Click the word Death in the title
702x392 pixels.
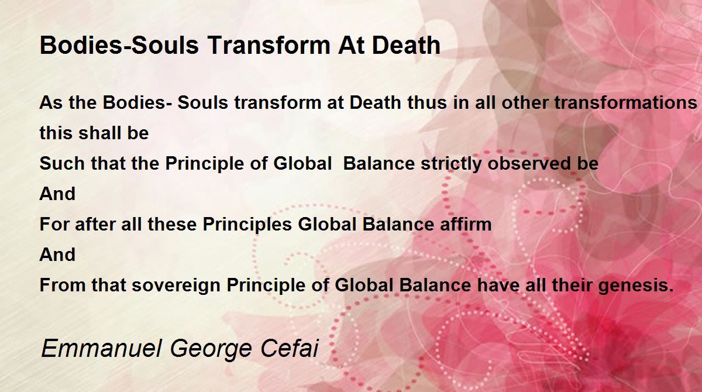coord(406,45)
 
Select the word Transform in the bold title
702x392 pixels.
coord(269,45)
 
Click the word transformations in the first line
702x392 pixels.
coord(626,102)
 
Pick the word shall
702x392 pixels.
coord(99,133)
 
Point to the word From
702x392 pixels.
coord(63,285)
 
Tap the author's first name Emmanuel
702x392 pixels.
coord(101,348)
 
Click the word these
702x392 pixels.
coord(172,224)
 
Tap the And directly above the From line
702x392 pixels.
coord(57,255)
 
